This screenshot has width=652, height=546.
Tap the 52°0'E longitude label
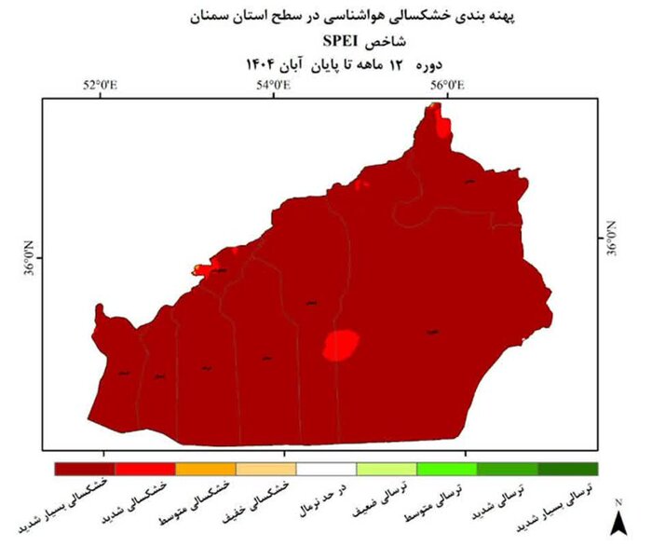101,86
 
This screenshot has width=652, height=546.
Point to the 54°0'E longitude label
274,86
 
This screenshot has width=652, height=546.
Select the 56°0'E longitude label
449,86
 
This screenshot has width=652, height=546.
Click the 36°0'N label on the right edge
611,238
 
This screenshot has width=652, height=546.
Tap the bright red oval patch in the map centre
342,345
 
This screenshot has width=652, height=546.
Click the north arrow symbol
616,518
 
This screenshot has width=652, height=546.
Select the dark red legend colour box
84,469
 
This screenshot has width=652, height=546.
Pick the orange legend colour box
206,469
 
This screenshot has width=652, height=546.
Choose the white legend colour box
326,469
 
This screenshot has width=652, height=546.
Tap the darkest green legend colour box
567,469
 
